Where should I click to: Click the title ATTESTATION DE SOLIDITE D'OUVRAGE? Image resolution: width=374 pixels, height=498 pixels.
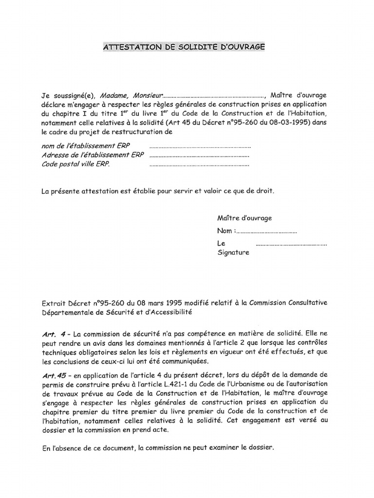point(184,47)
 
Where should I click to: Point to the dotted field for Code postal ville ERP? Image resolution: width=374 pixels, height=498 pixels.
point(199,165)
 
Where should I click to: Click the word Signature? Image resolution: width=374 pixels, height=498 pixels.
point(233,252)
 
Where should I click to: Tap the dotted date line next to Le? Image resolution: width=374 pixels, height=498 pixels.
point(291,244)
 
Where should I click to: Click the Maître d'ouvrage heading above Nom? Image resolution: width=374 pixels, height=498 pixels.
point(244,218)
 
